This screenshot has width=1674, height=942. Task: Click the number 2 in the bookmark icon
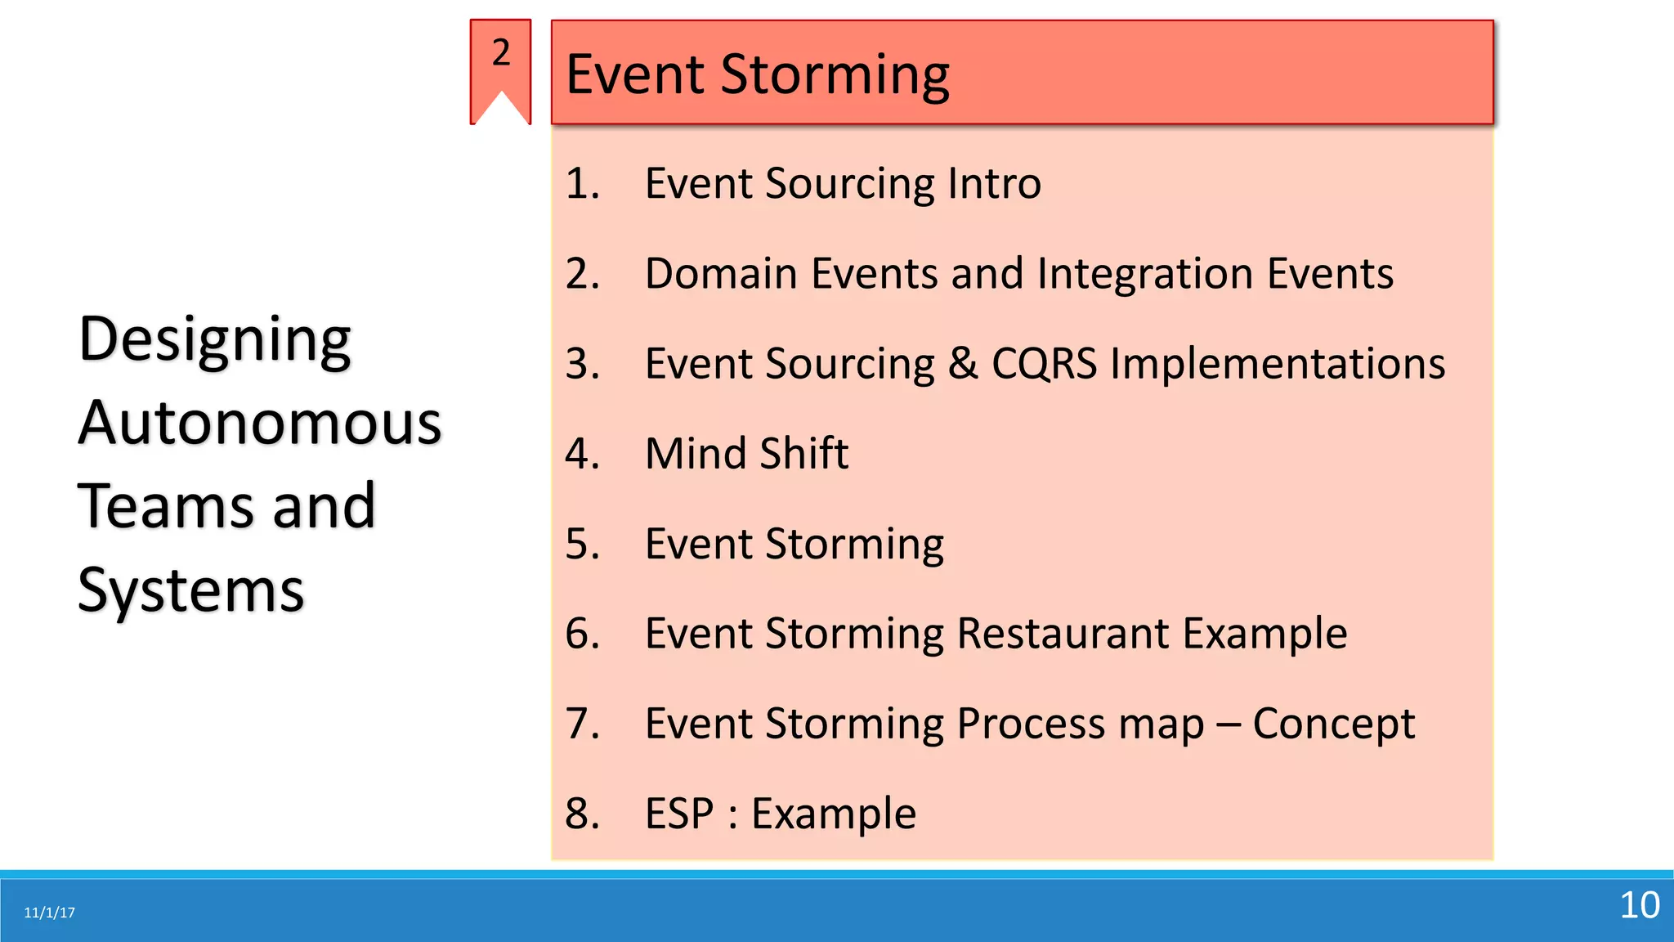[x=501, y=53]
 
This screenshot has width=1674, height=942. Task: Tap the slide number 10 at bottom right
[x=1639, y=905]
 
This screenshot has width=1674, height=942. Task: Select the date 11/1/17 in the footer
[x=49, y=913]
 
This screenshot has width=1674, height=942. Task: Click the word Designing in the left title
[x=214, y=340]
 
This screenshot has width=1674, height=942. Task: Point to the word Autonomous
[x=259, y=424]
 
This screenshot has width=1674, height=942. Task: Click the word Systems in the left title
[x=190, y=590]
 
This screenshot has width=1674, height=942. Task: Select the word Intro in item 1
[x=993, y=183]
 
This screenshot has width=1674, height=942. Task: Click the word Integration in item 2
[x=1145, y=273]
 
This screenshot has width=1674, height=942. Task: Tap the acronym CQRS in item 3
[x=1044, y=364]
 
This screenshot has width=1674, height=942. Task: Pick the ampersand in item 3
[x=962, y=364]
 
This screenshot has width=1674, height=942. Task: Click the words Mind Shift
[x=746, y=454]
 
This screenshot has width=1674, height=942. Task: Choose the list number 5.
[x=582, y=544]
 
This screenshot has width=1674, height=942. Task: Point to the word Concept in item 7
[x=1333, y=724]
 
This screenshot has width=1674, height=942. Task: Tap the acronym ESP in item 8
[x=678, y=814]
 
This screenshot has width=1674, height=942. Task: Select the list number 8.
[x=582, y=814]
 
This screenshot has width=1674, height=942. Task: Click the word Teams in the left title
[x=168, y=507]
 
